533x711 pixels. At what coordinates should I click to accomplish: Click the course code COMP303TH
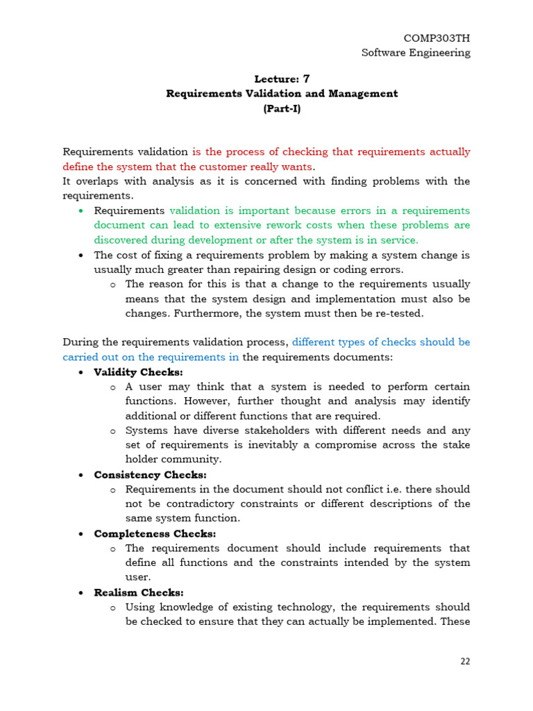click(437, 38)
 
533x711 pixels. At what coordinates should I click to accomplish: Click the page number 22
click(465, 662)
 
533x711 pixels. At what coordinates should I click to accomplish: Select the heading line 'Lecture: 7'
click(282, 79)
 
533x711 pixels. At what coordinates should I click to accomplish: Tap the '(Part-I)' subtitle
click(282, 108)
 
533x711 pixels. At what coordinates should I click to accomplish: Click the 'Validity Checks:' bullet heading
click(138, 372)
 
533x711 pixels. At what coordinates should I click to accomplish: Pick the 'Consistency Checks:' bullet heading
click(150, 475)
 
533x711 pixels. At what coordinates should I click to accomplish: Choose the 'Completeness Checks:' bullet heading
click(155, 534)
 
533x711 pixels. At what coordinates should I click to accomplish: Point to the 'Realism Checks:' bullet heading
click(139, 593)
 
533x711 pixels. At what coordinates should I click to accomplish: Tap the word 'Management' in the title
click(361, 94)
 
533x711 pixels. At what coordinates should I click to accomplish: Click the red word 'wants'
click(298, 167)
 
